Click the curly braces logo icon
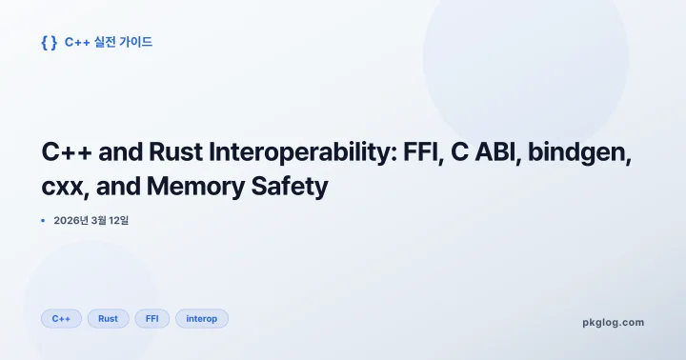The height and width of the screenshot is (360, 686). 50,42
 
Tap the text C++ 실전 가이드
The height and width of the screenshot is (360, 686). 109,42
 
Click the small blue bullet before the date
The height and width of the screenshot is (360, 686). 43,221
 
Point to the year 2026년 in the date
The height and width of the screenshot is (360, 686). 72,221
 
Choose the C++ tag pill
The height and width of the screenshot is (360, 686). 61,318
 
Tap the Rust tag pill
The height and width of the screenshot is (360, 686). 108,318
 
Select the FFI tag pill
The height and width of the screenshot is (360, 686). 151,318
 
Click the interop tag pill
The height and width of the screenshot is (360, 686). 201,318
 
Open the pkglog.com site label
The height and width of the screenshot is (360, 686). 613,322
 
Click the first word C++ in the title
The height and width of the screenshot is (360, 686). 67,152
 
